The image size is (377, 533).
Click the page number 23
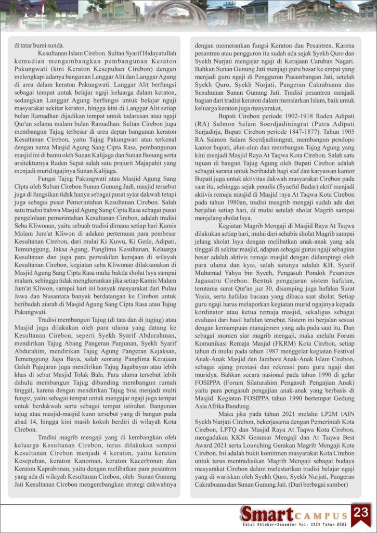[360, 512]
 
